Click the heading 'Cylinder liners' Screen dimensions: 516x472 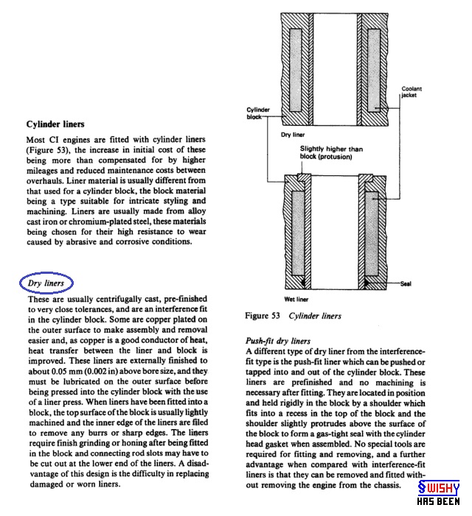55,124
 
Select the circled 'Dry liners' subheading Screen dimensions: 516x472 46,283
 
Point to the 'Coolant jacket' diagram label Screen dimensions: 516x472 412,93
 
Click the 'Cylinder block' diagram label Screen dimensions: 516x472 257,113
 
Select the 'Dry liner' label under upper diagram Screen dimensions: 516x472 294,136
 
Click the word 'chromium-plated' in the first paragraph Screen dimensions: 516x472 97,211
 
